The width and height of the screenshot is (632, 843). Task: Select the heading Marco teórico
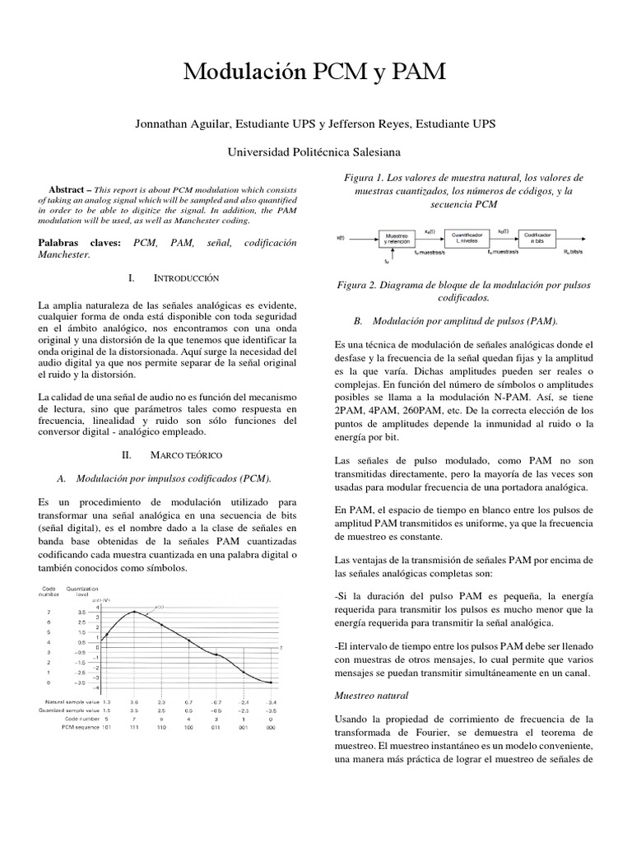click(186, 454)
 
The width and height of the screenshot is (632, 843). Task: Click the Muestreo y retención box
click(397, 238)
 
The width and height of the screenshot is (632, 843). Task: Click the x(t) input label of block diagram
click(341, 239)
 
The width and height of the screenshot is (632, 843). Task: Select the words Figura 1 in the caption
click(363, 178)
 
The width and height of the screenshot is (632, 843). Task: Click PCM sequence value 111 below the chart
click(134, 728)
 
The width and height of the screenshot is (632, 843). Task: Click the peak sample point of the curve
click(134, 612)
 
